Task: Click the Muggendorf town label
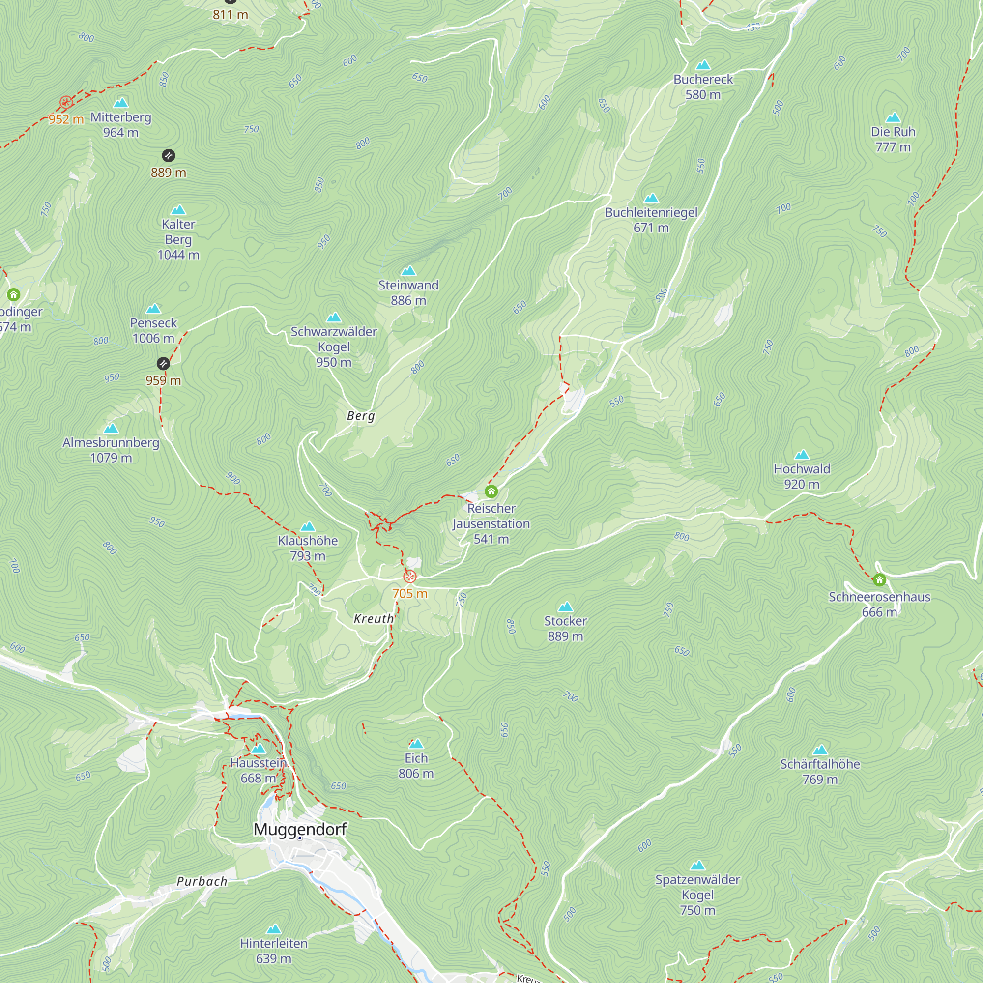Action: point(300,829)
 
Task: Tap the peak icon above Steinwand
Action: point(408,271)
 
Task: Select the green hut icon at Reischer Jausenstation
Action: point(491,491)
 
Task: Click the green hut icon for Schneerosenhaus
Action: point(879,579)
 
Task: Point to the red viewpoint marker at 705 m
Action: point(409,577)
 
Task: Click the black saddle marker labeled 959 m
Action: point(163,363)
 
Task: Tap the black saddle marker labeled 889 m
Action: point(169,155)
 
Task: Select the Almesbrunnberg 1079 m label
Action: point(111,450)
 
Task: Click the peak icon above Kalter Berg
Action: point(178,210)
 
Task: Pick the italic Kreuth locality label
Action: point(374,619)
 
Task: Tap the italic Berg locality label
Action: point(361,416)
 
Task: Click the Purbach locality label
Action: point(202,881)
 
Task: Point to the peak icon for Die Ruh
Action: point(893,117)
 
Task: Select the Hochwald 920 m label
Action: point(801,476)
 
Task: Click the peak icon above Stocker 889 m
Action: point(565,607)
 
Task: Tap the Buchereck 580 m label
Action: point(703,87)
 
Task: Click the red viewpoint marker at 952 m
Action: point(66,102)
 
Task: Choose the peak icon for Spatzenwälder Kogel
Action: point(697,865)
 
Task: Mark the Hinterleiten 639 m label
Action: point(274,951)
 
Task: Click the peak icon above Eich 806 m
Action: point(416,744)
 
